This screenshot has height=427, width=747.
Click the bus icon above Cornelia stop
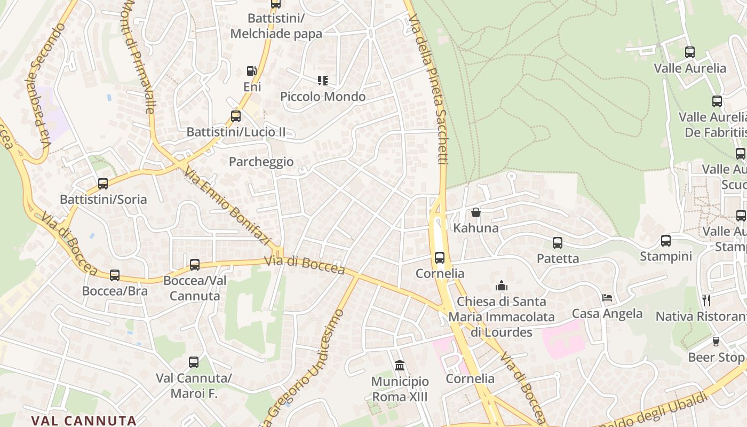point(440,258)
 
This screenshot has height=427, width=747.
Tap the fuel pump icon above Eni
point(251,71)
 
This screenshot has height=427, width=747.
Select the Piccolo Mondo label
point(323,97)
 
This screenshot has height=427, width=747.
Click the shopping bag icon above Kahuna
point(476,212)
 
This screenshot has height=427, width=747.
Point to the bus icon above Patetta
point(558,243)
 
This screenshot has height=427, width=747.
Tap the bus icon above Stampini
point(666,241)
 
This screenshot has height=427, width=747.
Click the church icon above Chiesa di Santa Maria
point(501,286)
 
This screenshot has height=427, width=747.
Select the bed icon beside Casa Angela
point(607,298)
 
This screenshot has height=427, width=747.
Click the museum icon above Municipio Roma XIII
point(400,366)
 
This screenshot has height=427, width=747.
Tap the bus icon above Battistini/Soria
point(103,184)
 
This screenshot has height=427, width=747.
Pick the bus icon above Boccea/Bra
point(115,275)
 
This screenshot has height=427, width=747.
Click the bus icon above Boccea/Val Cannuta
point(195,265)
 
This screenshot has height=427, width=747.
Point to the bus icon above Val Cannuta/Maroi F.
point(194,362)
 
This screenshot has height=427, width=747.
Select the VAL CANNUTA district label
point(84,420)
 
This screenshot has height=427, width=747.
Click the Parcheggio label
point(261,162)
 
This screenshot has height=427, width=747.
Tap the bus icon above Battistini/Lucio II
point(236,116)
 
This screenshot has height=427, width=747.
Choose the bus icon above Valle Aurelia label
point(690,52)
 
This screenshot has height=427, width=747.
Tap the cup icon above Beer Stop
point(716,342)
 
